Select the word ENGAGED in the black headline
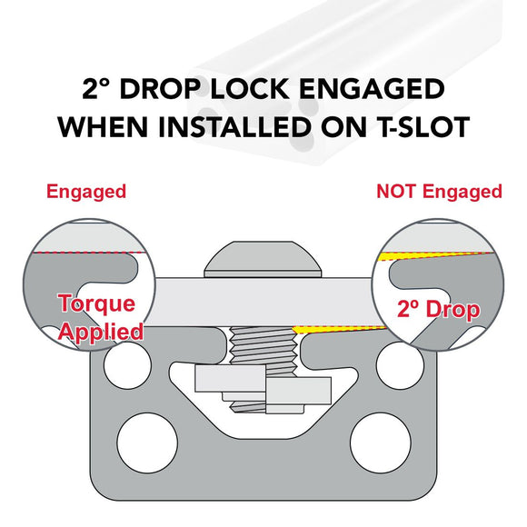372,89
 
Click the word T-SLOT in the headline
425,127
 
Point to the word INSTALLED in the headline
234,127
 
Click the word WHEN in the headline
103,127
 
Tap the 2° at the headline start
96,89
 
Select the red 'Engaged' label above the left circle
86,193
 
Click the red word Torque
97,303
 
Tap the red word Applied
101,332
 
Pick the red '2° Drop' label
438,309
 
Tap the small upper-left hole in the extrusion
128,365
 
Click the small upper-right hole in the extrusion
400,365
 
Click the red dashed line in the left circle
88,253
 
